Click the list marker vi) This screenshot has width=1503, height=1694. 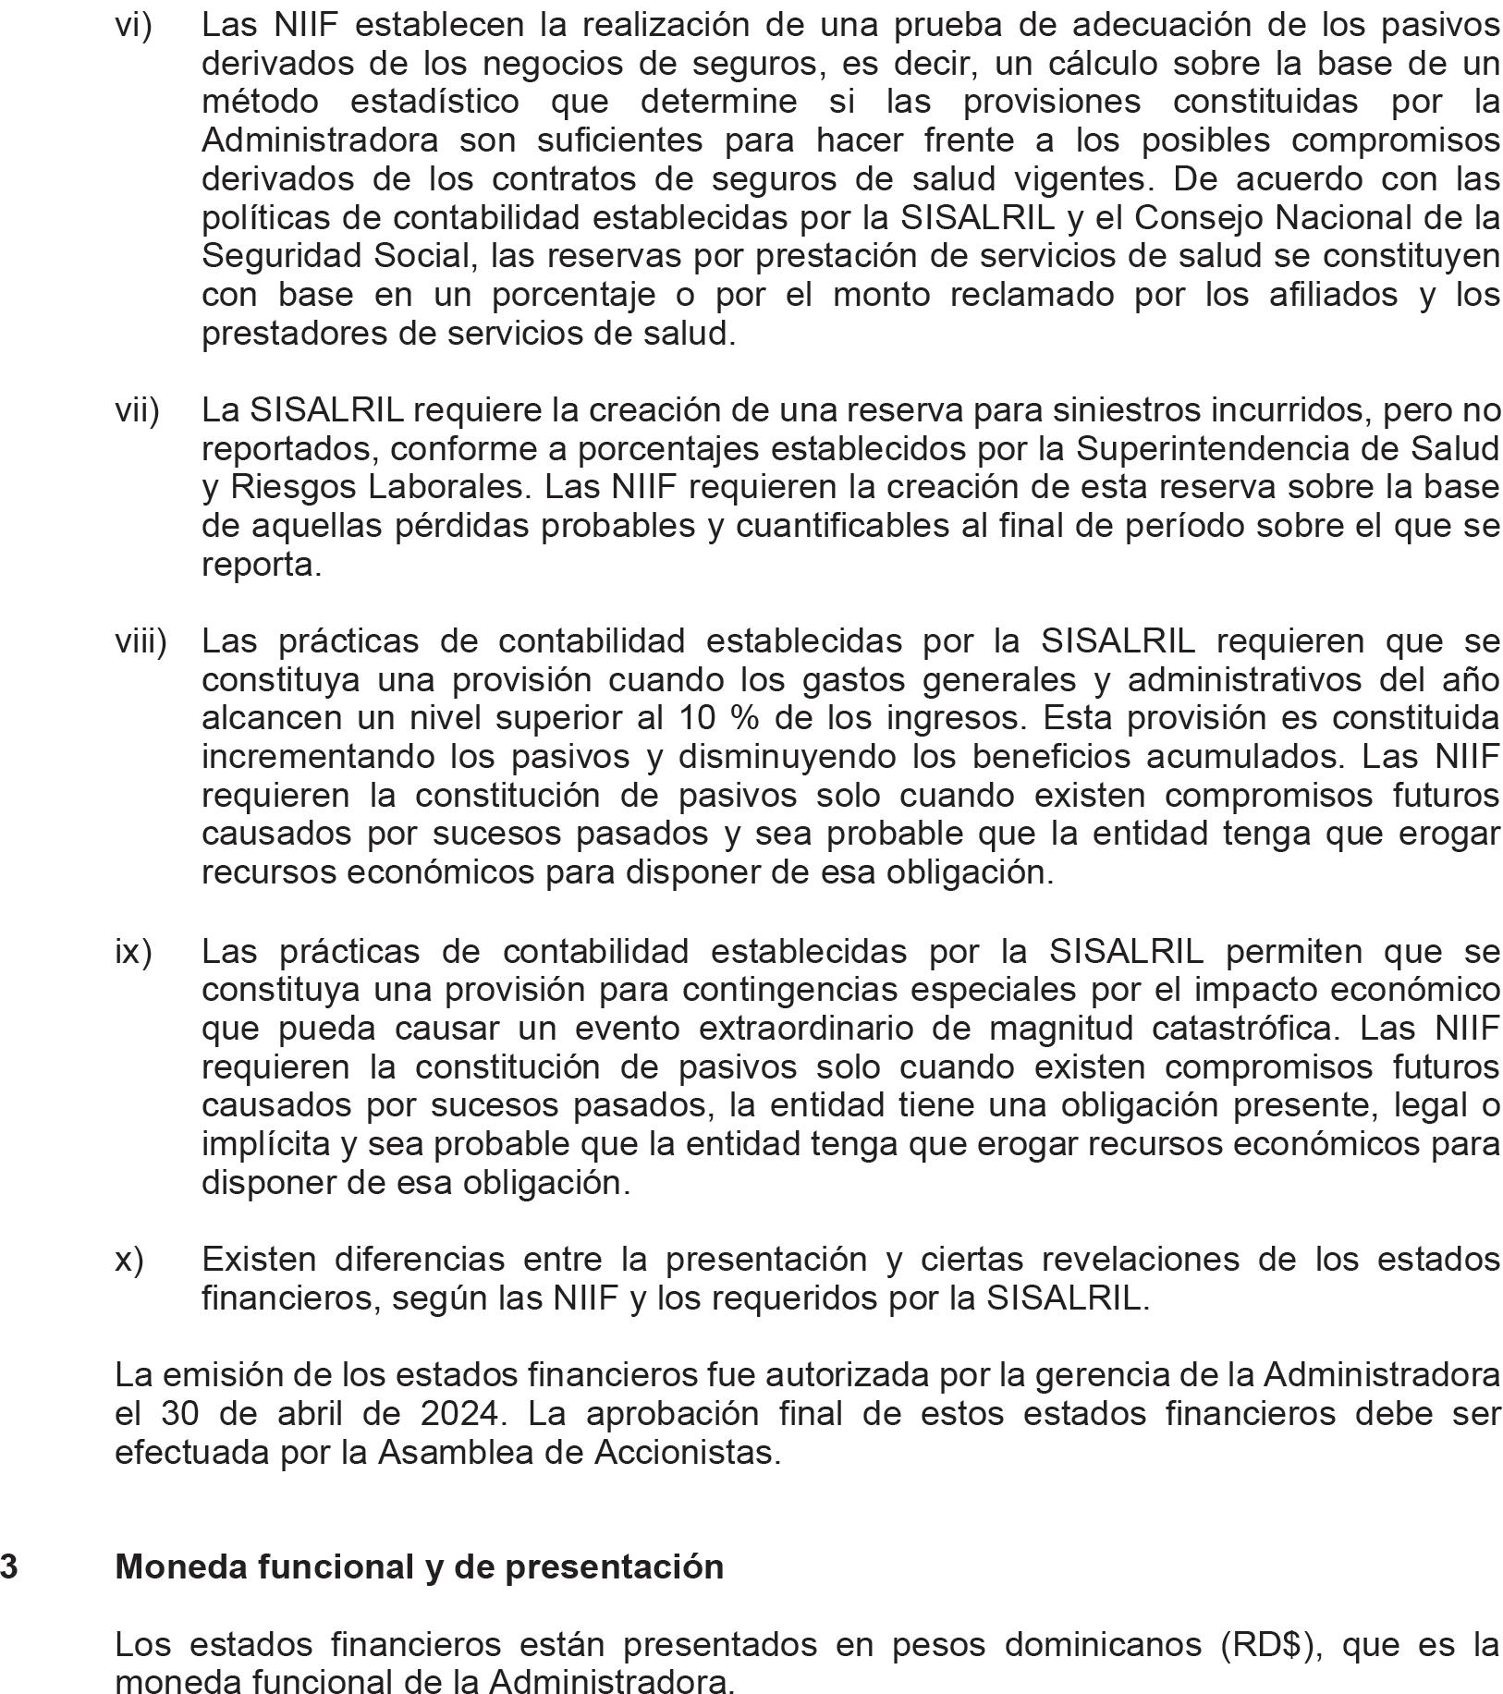[x=133, y=26]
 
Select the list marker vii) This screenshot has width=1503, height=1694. [x=137, y=410]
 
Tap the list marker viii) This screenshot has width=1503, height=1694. [x=141, y=641]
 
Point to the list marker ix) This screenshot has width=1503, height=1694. [x=133, y=951]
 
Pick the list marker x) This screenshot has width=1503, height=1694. [x=129, y=1260]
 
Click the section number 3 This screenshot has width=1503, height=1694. [x=8, y=1566]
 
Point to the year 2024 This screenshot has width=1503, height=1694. [x=460, y=1414]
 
